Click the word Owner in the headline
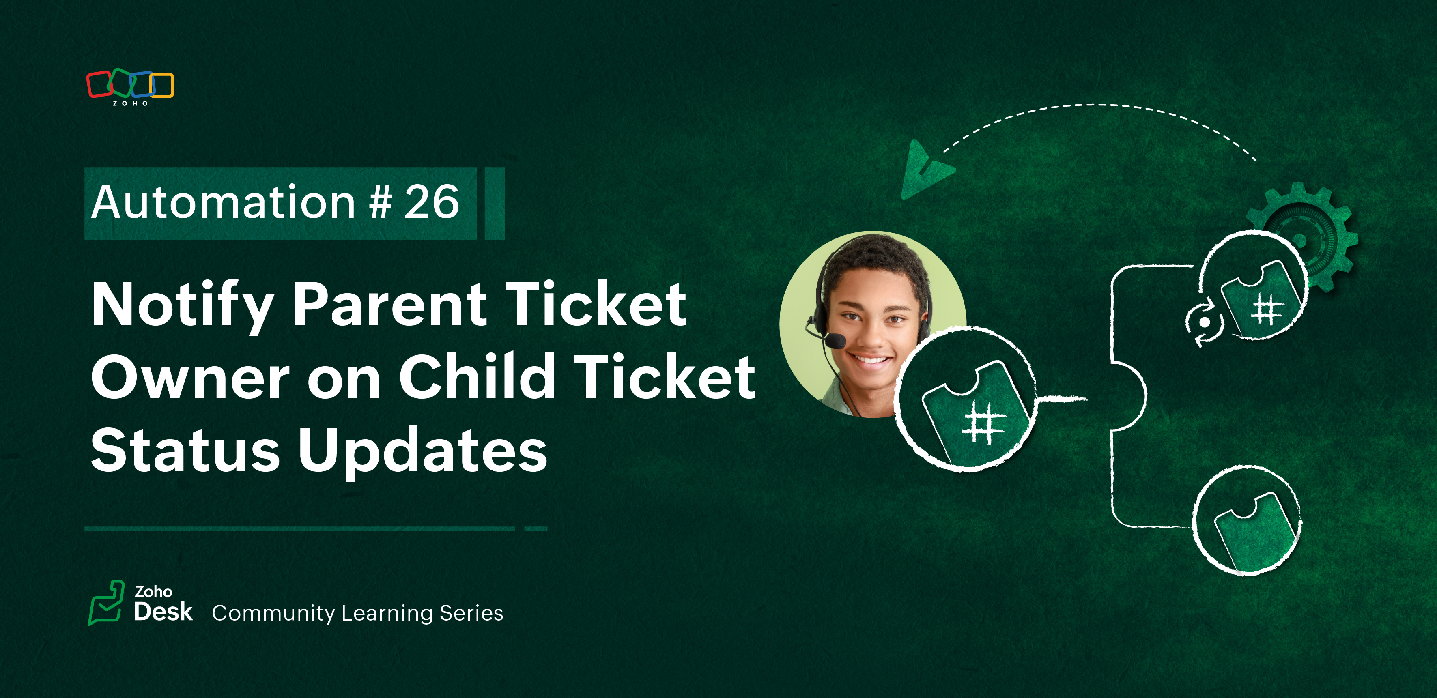tap(190, 378)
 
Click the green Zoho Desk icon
tap(106, 603)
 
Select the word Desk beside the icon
tap(163, 612)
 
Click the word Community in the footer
tap(273, 613)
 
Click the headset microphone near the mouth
tap(835, 340)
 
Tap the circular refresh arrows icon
tap(1204, 323)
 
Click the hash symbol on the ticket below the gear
tap(1266, 309)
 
